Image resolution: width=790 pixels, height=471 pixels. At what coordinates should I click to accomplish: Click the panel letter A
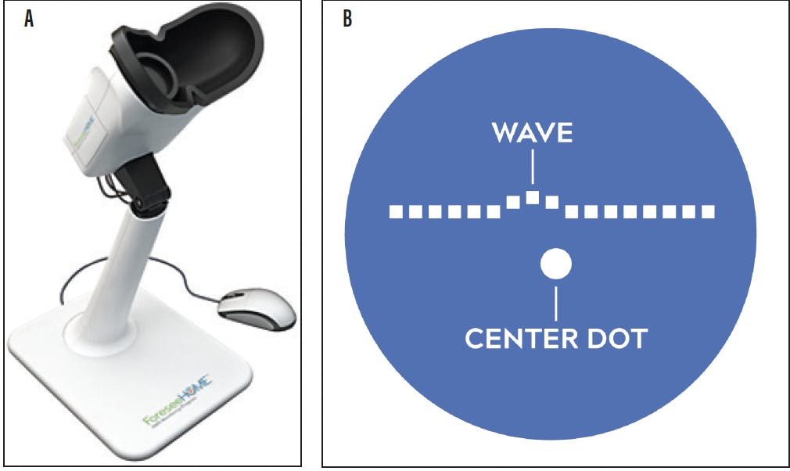point(29,20)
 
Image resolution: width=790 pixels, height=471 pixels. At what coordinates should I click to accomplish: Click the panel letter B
point(347,20)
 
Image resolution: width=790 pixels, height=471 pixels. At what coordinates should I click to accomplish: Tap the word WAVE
point(532,133)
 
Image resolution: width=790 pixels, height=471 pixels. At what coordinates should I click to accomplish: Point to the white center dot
point(556,264)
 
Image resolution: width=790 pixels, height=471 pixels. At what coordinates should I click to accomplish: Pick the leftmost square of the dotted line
point(396,211)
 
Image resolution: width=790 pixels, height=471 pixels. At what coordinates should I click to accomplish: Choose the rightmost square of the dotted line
point(708,211)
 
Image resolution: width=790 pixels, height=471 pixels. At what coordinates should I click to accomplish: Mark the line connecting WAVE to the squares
point(533,167)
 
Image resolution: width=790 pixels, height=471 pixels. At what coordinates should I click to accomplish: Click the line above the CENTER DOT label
point(556,304)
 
